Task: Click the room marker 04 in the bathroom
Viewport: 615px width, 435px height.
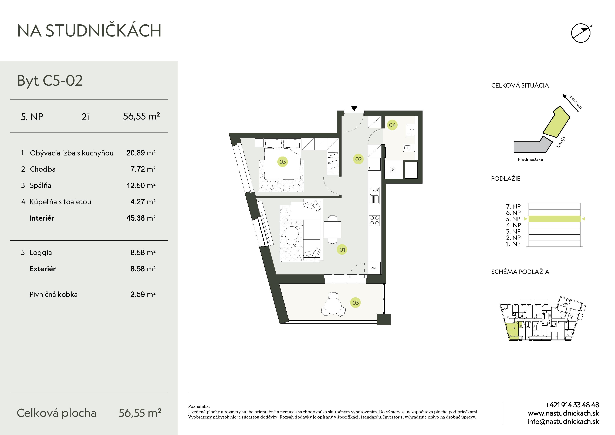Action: (392, 125)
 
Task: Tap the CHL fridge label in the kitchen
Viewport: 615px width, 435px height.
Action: (374, 268)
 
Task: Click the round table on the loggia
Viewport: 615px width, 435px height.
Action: (333, 306)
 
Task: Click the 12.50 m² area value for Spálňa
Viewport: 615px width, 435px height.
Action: (141, 185)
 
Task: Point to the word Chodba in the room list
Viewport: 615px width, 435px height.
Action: (43, 169)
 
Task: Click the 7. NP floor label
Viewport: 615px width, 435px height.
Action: (513, 206)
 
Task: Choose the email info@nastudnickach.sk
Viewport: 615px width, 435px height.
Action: (563, 422)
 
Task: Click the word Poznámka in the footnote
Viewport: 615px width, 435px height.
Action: (199, 406)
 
